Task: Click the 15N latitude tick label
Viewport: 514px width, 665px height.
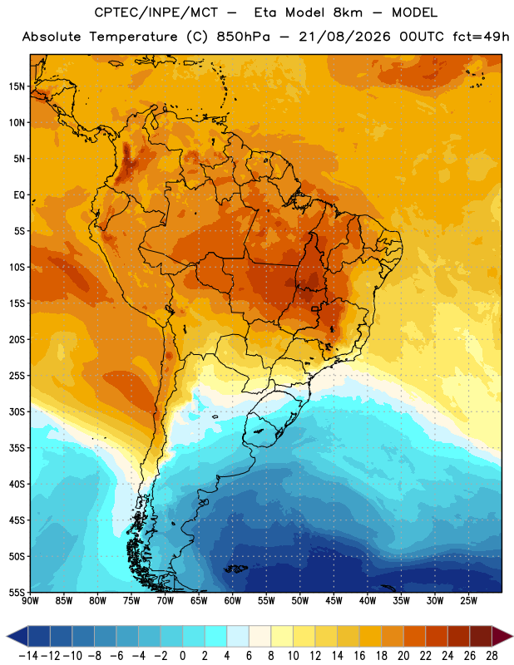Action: (x=17, y=86)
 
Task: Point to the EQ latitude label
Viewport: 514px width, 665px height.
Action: (x=19, y=195)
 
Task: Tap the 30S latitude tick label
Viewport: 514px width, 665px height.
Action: (x=17, y=411)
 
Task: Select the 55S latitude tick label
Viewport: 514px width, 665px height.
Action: (x=17, y=593)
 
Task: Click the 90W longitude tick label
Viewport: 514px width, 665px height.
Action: (x=30, y=600)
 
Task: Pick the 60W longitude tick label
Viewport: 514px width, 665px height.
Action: (x=233, y=600)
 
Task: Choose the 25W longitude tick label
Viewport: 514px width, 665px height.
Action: (x=468, y=600)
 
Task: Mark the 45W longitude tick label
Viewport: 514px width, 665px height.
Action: (x=334, y=600)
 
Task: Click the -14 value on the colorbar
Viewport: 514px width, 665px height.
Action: (x=28, y=656)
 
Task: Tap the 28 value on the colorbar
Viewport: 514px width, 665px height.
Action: (x=492, y=656)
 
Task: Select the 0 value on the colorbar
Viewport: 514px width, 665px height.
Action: (x=183, y=656)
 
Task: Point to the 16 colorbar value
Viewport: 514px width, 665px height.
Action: (x=359, y=656)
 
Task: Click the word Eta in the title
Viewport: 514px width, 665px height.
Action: (x=265, y=12)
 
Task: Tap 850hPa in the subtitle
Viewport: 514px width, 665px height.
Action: (x=243, y=37)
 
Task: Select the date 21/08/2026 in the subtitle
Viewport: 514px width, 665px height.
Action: (x=344, y=37)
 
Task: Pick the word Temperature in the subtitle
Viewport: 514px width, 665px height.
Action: (x=133, y=37)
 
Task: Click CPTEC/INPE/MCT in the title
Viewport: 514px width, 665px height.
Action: (x=156, y=12)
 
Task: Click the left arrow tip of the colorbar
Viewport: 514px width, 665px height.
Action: (x=7, y=636)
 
